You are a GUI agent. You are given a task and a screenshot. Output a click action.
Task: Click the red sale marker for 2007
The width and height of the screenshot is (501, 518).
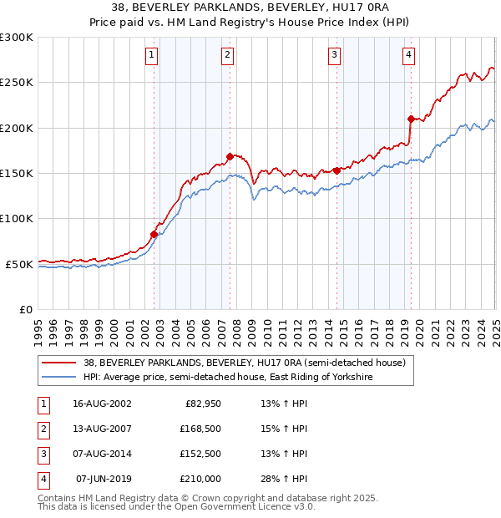pos(230,156)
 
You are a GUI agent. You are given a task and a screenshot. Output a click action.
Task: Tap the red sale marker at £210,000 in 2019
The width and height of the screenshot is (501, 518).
pos(411,119)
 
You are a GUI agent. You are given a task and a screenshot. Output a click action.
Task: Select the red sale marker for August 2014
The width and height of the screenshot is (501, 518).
pos(336,170)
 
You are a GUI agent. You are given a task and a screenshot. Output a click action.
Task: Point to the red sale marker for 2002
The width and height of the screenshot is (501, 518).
pos(154,234)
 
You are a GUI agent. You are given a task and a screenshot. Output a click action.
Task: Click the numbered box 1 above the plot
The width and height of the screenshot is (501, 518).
pos(152,55)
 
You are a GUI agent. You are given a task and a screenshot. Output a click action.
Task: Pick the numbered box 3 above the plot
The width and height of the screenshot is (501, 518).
pos(334,55)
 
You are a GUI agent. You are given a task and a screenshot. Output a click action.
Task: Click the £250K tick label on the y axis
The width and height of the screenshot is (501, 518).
pos(17,83)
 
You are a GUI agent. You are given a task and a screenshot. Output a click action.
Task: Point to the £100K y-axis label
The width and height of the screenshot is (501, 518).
pos(17,218)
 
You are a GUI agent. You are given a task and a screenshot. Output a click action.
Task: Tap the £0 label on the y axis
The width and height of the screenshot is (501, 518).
pos(24,309)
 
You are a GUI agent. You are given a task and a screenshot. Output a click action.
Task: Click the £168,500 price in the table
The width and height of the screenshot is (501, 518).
pos(200,429)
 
